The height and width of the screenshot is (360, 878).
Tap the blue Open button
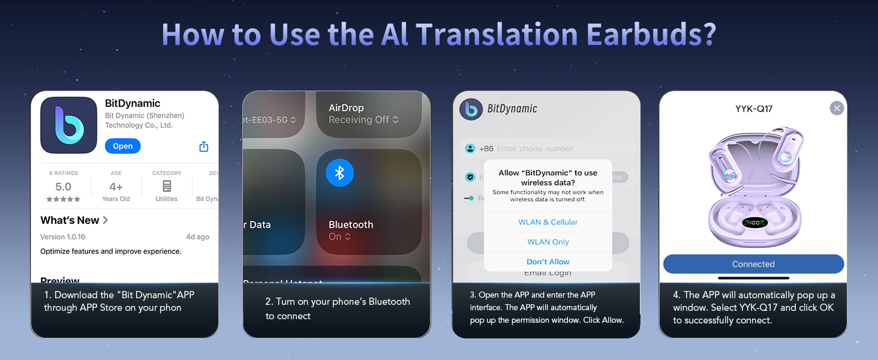pos(122,146)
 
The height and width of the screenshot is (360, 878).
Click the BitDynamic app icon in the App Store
pos(69,125)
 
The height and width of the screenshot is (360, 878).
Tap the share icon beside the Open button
pos(203,146)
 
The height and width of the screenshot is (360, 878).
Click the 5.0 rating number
pos(63,187)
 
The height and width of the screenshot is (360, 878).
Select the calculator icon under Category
pos(167,186)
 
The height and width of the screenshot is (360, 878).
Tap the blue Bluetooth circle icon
pos(339,173)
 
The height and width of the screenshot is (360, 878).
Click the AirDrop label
pos(346,108)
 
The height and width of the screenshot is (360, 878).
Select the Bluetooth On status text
pos(339,237)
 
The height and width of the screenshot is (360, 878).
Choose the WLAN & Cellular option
pos(548,222)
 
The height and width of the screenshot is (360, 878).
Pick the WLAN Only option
pos(548,242)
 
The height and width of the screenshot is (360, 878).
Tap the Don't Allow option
pos(548,262)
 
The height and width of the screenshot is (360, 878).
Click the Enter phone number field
pos(535,149)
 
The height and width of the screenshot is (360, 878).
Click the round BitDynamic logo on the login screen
pos(471,109)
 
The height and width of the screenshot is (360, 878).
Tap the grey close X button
pos(837,108)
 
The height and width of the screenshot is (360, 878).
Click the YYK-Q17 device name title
pos(753,109)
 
